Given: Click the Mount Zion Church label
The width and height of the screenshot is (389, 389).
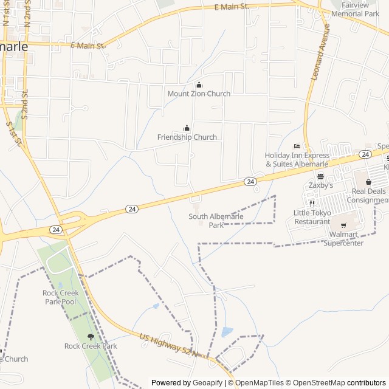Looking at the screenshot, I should [x=199, y=94].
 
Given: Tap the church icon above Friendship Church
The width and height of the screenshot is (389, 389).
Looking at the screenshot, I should [x=187, y=128].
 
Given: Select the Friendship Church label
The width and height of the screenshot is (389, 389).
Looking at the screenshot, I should [x=187, y=137].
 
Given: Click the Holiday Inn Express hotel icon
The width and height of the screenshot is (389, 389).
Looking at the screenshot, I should [x=297, y=146].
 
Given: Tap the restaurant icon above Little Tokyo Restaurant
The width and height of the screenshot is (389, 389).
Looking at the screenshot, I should [x=312, y=204].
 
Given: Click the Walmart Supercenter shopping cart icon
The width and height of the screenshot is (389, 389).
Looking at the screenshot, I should [x=343, y=225].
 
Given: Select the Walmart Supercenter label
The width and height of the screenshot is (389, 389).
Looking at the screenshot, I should [x=343, y=239].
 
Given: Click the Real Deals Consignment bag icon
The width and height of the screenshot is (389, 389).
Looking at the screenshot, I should [x=368, y=182].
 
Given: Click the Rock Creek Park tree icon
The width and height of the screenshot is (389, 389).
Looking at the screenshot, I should [x=91, y=337].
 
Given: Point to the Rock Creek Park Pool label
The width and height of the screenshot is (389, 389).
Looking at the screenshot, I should [x=60, y=297].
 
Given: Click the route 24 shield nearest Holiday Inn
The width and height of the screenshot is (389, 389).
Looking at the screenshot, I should [x=250, y=182].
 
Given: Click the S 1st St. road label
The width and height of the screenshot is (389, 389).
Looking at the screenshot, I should [x=15, y=134].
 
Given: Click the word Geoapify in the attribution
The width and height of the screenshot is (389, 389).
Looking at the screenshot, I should [x=208, y=383].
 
